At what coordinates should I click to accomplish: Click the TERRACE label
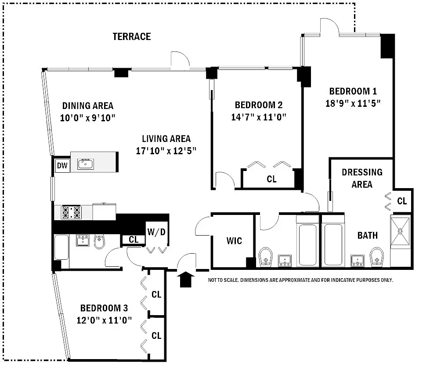coord(131,36)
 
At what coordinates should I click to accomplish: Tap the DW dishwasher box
coord(62,166)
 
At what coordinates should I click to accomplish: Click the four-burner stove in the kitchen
coord(72,212)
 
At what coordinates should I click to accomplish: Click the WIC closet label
coord(234,241)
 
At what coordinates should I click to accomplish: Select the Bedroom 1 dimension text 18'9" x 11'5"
coord(353,104)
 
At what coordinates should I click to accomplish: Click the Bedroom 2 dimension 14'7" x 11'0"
coord(258,117)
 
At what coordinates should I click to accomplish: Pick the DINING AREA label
coord(87,105)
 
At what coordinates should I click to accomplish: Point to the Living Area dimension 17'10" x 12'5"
coord(166,150)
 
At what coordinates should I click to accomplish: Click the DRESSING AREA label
coord(362,178)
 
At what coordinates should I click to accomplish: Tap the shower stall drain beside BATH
coord(400,230)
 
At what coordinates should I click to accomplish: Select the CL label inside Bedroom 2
coord(271,179)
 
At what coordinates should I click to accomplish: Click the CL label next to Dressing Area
coord(402,201)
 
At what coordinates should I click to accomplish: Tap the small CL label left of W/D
coord(134,240)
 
